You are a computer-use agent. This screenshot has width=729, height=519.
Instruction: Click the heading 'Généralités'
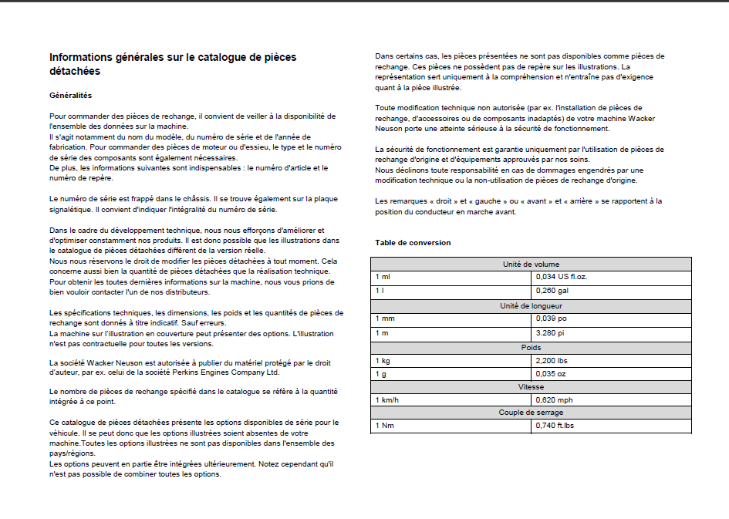click(70, 95)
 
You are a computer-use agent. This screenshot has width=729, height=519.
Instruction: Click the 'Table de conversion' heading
click(413, 243)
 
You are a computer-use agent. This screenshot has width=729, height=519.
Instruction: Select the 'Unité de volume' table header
click(531, 265)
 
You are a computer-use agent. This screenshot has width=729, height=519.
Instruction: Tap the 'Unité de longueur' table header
click(531, 306)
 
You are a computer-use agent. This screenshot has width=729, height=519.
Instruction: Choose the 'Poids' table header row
click(531, 348)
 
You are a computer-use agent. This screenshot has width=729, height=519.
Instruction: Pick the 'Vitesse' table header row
click(531, 387)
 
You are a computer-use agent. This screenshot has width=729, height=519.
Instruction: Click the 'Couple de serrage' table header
click(531, 413)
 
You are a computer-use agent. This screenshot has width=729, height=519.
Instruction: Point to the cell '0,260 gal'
click(552, 290)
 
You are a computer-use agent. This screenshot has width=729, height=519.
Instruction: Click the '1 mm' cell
click(385, 318)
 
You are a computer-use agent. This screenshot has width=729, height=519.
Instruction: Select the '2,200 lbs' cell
click(552, 360)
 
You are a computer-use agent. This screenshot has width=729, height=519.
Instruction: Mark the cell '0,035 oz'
click(551, 373)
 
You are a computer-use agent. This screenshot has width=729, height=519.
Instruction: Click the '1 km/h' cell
click(387, 400)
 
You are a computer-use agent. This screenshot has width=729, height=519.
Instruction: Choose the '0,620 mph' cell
click(554, 400)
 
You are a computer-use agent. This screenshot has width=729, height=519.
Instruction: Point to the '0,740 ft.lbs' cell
click(555, 426)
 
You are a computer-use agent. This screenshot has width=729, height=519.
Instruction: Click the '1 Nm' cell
click(384, 426)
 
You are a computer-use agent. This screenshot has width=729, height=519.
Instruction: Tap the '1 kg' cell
click(383, 360)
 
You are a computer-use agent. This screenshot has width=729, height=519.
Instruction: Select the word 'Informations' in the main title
click(85, 57)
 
